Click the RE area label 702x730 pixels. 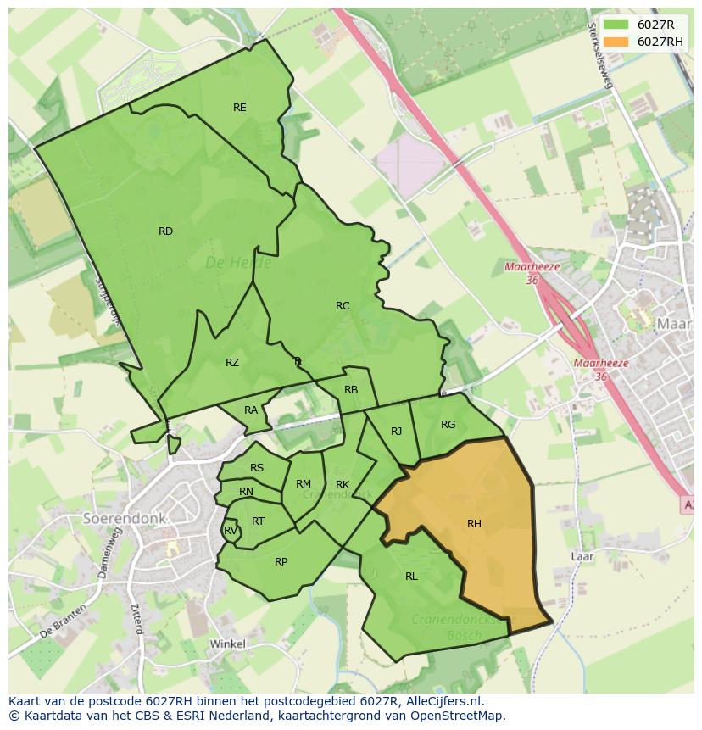pos(240,108)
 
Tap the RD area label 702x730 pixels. pos(165,231)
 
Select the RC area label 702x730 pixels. pos(343,306)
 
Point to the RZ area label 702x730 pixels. pos(232,363)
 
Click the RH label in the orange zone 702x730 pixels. pos(474,524)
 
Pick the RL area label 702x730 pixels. pos(411,577)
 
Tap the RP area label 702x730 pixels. pos(281,562)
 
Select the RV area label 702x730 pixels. pos(230,532)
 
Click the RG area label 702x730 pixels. pos(448,425)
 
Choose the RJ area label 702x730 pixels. pos(396,432)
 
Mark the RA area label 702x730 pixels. pos(251,410)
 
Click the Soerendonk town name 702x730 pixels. pos(125,517)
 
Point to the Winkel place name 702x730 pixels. pos(227,644)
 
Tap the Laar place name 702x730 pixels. pos(582,557)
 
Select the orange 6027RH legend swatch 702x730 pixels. pos(616,42)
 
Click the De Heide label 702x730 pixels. pos(228,264)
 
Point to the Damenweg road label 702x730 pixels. pos(109,552)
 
